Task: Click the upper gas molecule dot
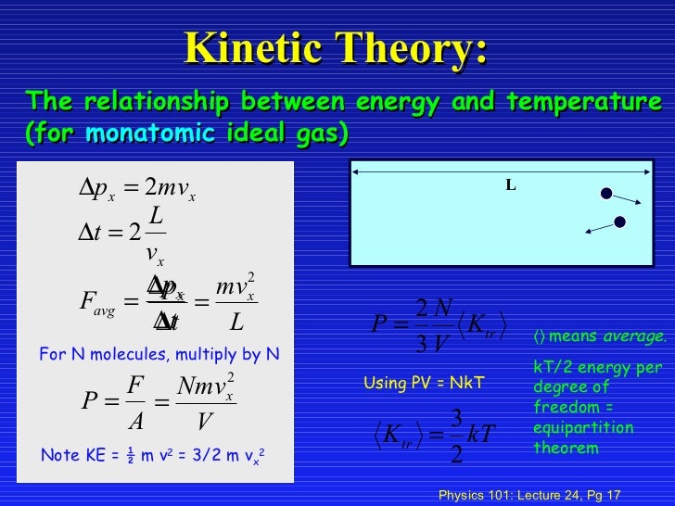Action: coord(605,194)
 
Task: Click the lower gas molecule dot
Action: coord(619,221)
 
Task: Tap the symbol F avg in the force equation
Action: coord(96,304)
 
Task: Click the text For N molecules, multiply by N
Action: coord(159,353)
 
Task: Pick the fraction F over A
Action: coord(135,401)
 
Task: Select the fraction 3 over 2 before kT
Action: coord(456,436)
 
